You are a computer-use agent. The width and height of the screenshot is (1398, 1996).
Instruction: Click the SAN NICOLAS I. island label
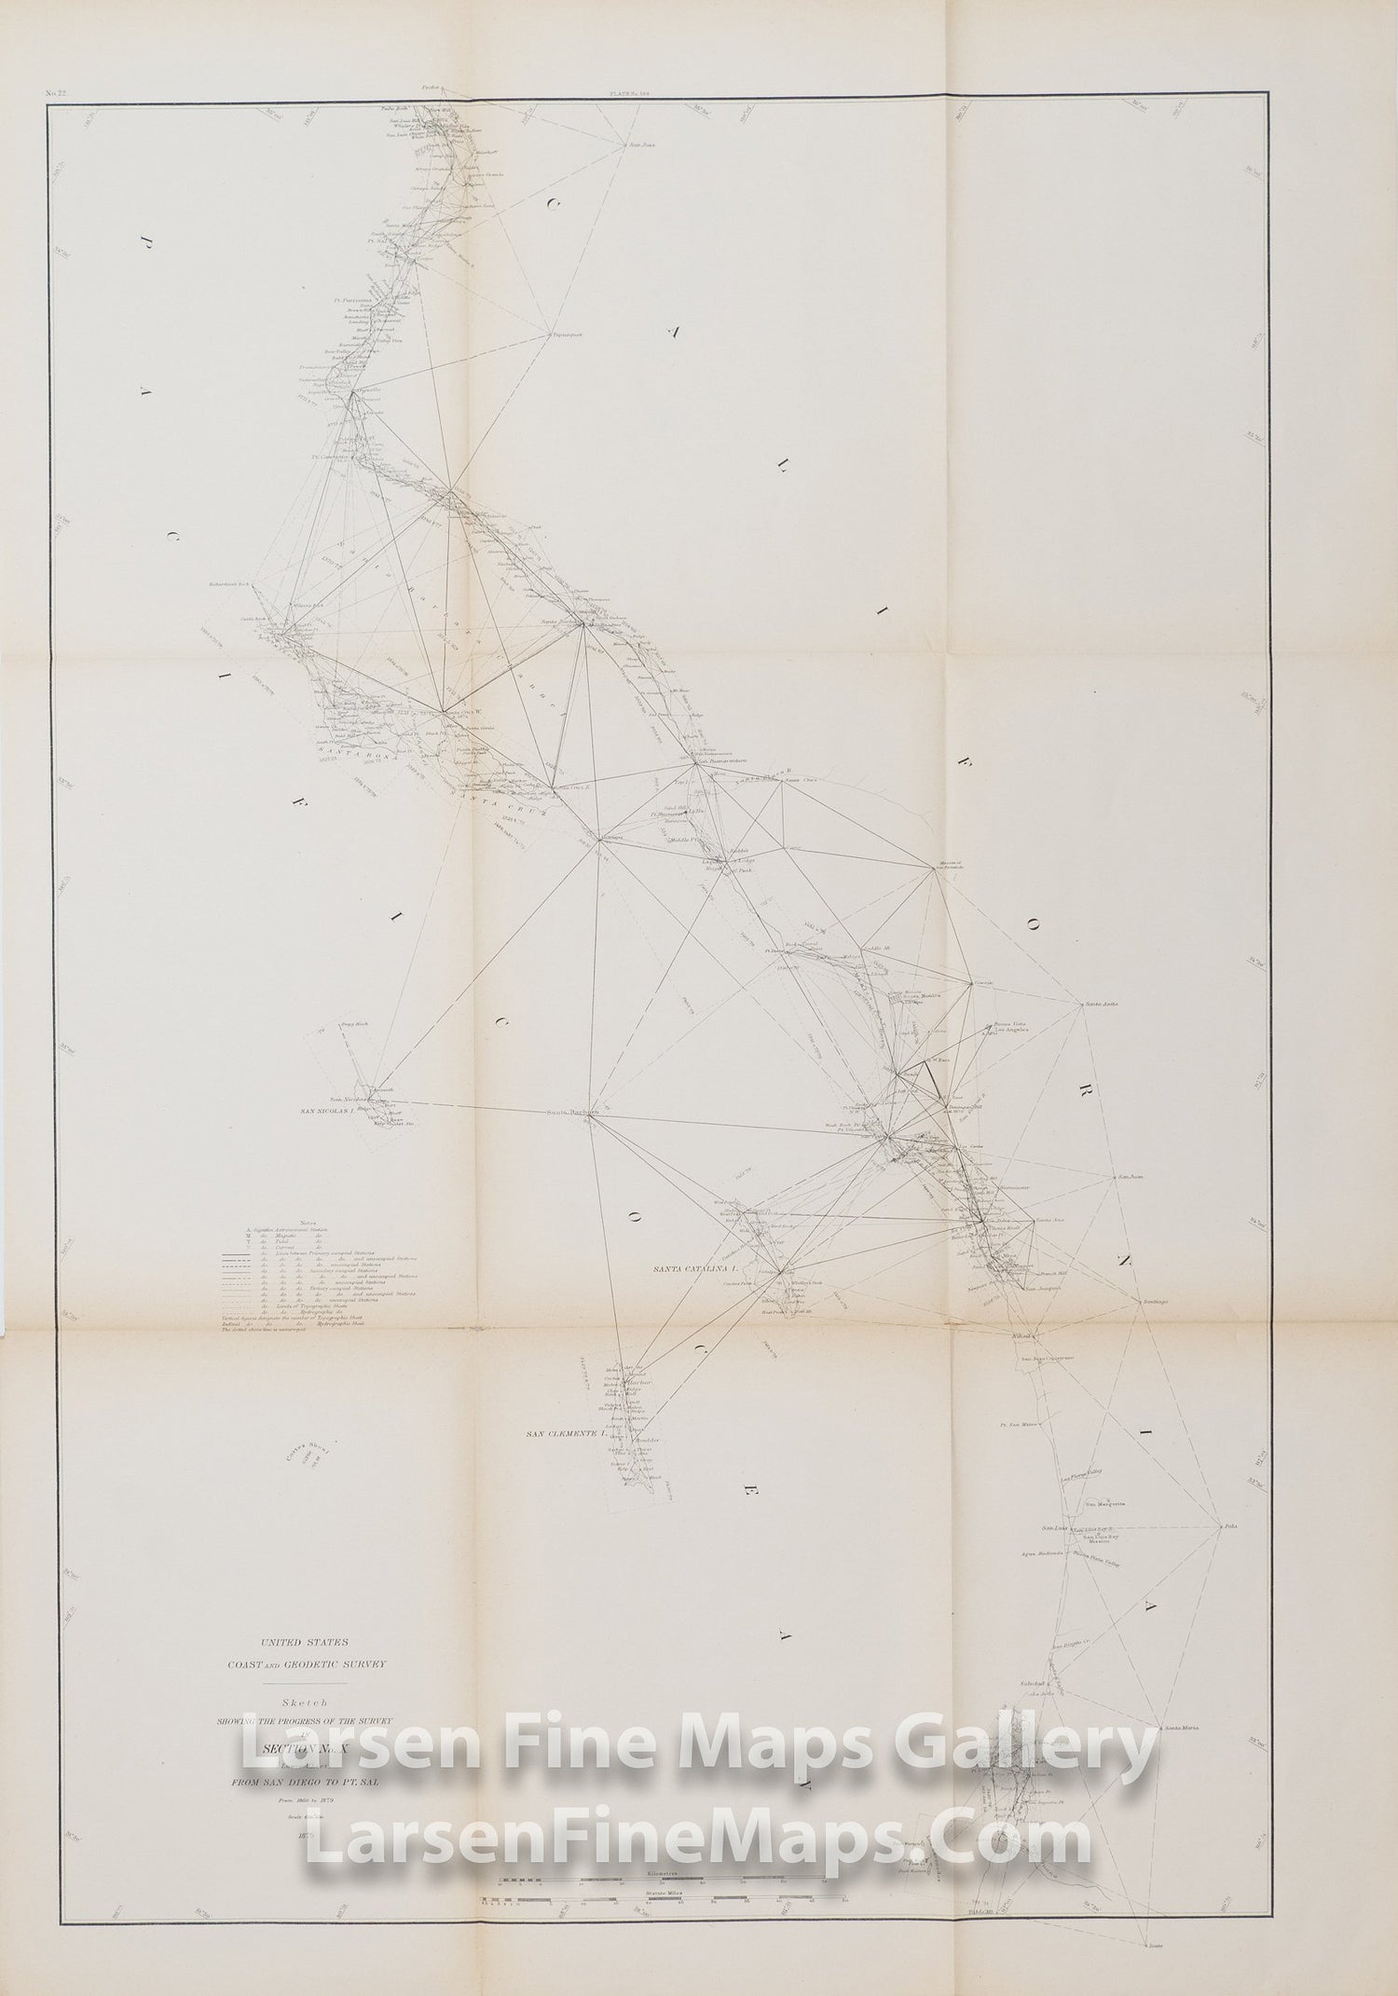[327, 1112]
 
